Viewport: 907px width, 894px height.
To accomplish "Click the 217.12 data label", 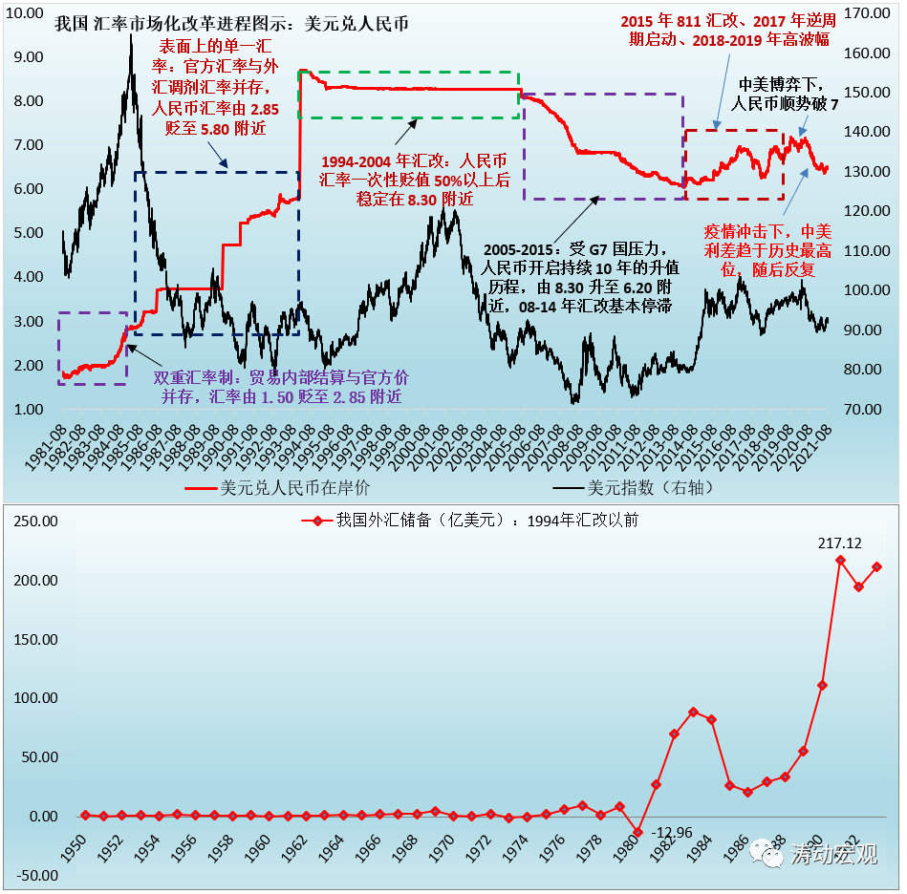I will coord(840,543).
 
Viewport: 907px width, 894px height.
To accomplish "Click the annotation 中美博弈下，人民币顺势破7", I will coord(779,95).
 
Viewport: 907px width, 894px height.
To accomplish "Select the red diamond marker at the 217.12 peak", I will coord(840,560).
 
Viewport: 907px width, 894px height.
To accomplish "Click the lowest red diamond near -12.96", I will coord(637,832).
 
